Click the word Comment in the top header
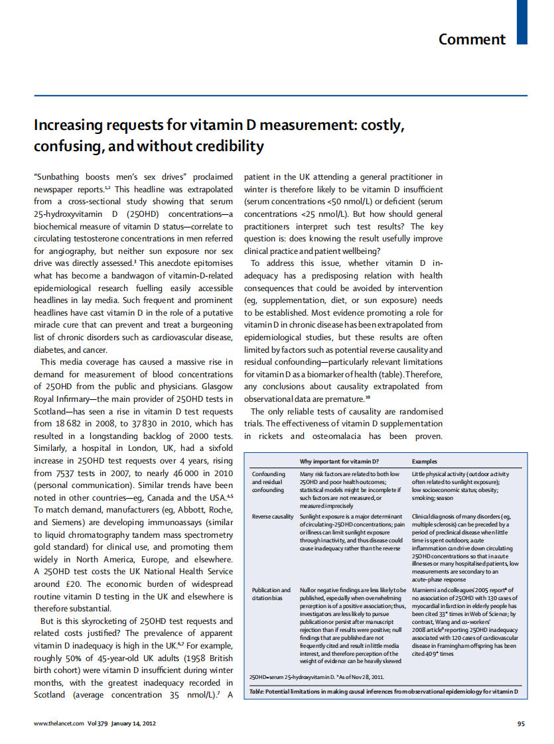[x=472, y=39]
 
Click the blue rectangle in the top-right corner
[x=522, y=22]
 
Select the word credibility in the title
[x=223, y=146]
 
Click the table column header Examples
[x=425, y=461]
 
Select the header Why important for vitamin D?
[x=339, y=461]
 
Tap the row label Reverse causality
[x=272, y=516]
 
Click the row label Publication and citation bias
[x=271, y=593]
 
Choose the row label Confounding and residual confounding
[x=269, y=482]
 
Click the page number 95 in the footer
[x=521, y=723]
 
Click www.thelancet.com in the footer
[x=59, y=723]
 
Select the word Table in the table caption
[x=256, y=691]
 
